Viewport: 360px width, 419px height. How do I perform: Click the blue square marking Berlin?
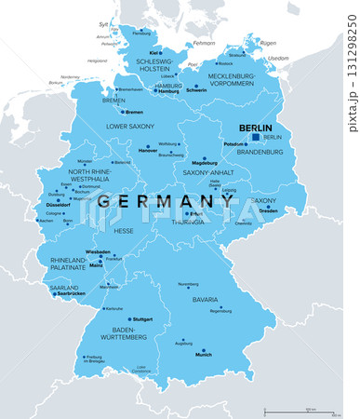tap(256, 137)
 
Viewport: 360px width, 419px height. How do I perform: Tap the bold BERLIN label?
tap(255, 128)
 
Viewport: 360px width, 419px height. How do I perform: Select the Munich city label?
tap(203, 355)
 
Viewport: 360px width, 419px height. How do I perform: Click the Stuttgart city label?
tap(142, 318)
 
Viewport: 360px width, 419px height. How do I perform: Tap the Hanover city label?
tap(148, 150)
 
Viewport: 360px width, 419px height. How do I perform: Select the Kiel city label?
tap(153, 53)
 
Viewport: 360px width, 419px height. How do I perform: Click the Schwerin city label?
tap(196, 91)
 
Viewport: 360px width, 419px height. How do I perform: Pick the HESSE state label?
tap(123, 231)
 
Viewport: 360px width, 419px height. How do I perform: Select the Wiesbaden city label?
tap(99, 252)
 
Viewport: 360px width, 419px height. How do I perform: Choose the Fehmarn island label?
tap(204, 43)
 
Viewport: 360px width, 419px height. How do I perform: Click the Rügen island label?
tap(269, 43)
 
